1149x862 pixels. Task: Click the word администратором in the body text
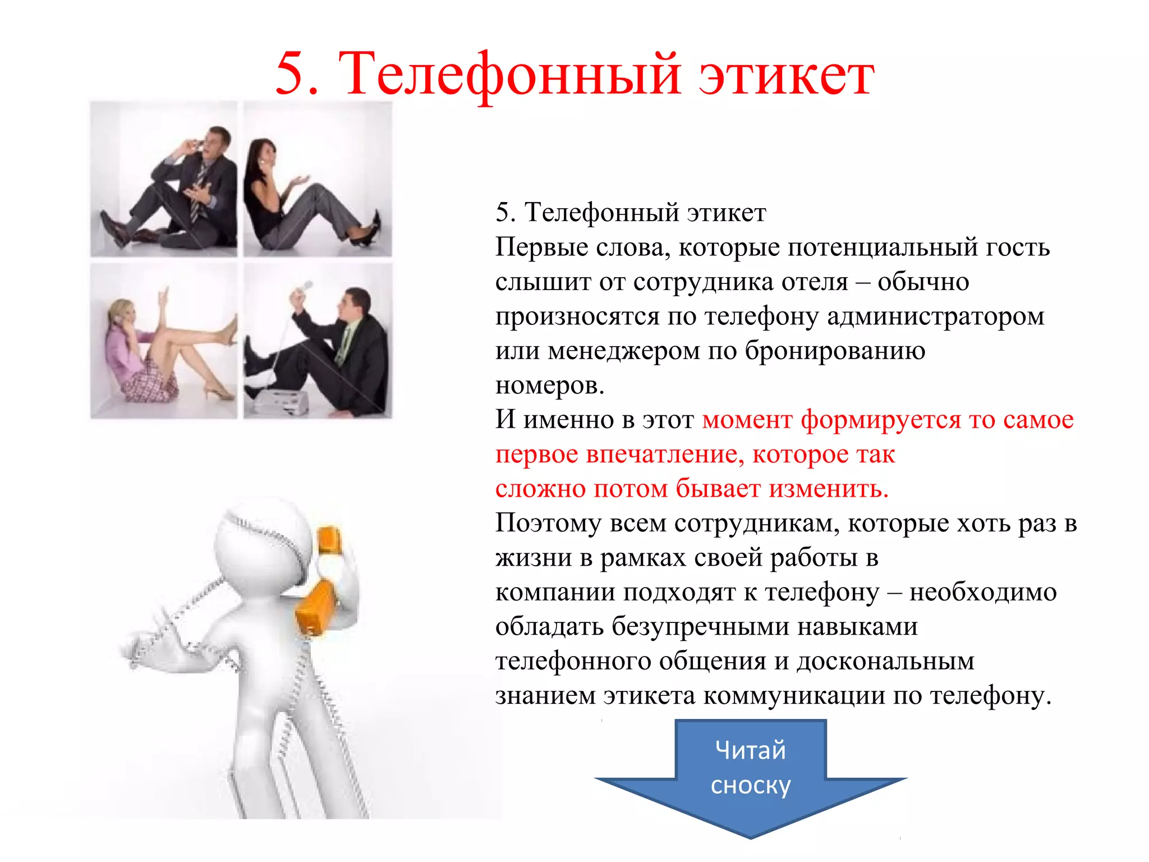(x=935, y=317)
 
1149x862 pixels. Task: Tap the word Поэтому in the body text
(x=548, y=524)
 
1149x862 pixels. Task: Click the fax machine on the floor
(x=281, y=401)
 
